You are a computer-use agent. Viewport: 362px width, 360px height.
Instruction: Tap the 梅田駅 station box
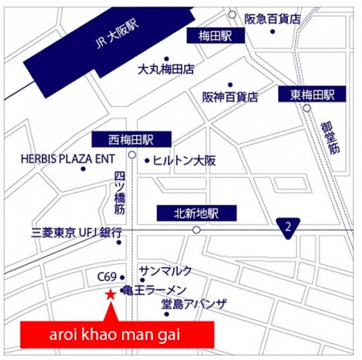coord(215,36)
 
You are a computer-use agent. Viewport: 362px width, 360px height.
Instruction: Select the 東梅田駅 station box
coord(312,95)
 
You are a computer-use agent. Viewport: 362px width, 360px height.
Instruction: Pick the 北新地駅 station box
coord(195,213)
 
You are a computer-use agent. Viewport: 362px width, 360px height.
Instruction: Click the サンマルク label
coord(165,269)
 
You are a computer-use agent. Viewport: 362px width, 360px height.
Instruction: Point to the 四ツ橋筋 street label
coord(120,190)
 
